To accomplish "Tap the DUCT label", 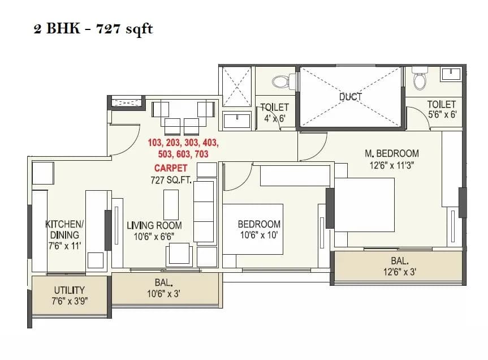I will (350, 97).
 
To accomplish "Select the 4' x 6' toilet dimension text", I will (274, 119).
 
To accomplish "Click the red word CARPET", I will (171, 168).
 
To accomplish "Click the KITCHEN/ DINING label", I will (64, 229).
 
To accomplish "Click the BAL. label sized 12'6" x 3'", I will (399, 261).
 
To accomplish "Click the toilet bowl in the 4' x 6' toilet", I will (280, 82).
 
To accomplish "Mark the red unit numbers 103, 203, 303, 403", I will (183, 143).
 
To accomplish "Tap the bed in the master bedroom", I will (365, 204).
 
